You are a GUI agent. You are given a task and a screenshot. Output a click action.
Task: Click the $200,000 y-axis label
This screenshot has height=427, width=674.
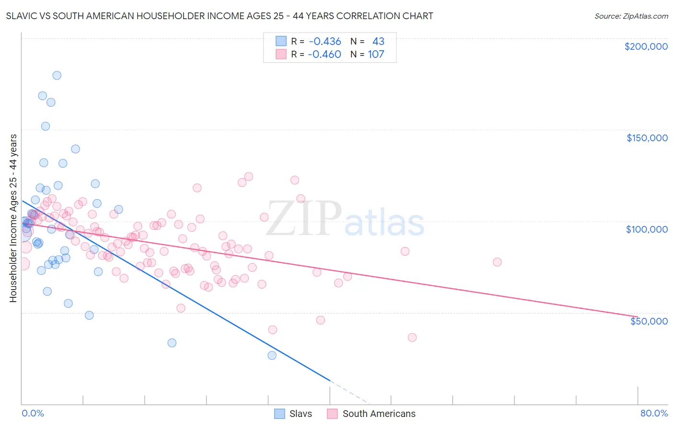tap(646, 46)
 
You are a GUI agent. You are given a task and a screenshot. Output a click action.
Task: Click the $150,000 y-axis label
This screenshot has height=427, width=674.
tap(647, 138)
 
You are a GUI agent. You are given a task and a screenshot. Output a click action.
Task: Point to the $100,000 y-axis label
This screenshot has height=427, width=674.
tap(647, 229)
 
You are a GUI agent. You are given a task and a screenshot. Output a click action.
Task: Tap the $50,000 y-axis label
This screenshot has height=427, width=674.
tap(649, 321)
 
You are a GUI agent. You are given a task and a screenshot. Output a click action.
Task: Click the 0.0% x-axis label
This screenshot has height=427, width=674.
tap(33, 413)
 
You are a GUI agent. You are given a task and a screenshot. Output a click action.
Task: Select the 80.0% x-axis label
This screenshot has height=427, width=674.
tap(654, 413)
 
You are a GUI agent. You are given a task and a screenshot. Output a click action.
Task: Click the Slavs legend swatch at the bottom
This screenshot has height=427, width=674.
tap(279, 414)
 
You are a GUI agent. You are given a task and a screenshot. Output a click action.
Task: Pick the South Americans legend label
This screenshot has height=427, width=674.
tap(379, 414)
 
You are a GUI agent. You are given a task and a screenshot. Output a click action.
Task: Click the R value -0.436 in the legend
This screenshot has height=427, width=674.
tap(325, 42)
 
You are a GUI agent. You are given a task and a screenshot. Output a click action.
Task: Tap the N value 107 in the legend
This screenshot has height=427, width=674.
tap(376, 55)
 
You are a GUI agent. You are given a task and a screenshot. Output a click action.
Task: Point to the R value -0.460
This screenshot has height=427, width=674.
tap(325, 55)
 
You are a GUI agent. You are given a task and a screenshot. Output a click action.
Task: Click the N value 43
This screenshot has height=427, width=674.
tap(378, 42)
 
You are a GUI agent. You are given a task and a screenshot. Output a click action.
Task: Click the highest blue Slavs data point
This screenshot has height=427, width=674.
tap(57, 75)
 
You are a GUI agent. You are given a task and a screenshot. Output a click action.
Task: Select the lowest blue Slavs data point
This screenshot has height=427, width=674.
tap(272, 355)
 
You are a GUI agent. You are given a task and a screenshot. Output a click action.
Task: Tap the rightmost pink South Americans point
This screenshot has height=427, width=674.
tap(497, 262)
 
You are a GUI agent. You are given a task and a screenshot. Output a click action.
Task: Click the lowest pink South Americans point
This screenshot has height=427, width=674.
tap(412, 337)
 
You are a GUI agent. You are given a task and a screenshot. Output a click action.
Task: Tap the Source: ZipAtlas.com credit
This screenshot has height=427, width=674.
tap(631, 16)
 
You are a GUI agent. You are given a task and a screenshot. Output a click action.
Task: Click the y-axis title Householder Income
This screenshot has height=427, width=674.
tap(13, 218)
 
